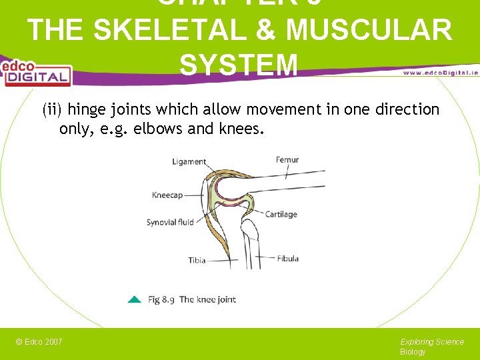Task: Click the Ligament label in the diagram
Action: click(x=189, y=162)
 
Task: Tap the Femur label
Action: click(x=287, y=160)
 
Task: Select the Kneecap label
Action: click(x=167, y=195)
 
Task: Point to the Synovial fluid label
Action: click(x=170, y=222)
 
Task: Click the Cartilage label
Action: click(x=281, y=215)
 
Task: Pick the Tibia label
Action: click(x=197, y=260)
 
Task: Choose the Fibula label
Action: click(x=287, y=258)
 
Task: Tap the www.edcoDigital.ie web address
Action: click(x=441, y=72)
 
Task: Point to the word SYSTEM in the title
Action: click(x=238, y=65)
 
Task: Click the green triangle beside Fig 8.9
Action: click(x=134, y=300)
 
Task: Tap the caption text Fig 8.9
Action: click(x=161, y=300)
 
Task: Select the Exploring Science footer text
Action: click(x=432, y=342)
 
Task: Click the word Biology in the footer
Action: click(x=413, y=352)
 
